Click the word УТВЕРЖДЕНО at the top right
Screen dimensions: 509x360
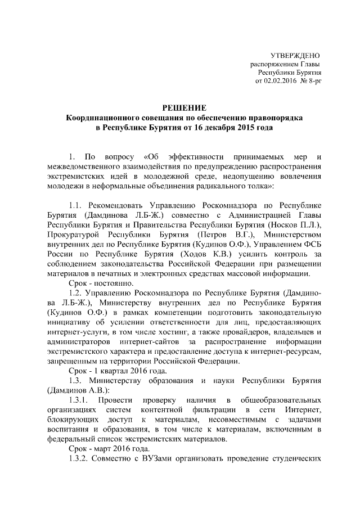tap(295, 56)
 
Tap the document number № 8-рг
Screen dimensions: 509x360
tap(310, 81)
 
